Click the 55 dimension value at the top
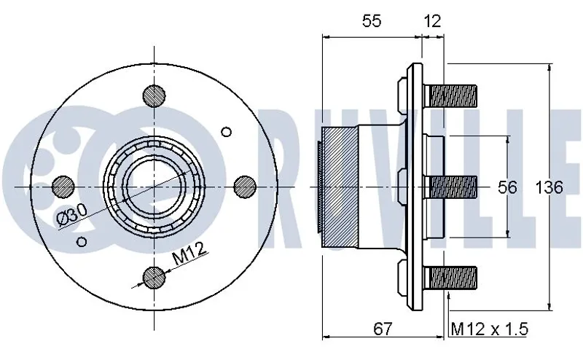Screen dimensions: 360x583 pos(372,22)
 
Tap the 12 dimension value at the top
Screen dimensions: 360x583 pos(433,22)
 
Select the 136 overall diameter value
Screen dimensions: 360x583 pos(549,187)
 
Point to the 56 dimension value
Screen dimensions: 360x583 pos(508,187)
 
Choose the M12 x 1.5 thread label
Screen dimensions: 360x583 pos(489,329)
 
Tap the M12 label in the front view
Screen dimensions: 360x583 pos(189,256)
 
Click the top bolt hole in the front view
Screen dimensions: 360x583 pos(154,95)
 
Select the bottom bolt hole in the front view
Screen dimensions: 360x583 pos(154,277)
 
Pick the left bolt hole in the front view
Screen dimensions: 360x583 pos(63,186)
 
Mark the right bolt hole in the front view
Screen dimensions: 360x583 pos(246,186)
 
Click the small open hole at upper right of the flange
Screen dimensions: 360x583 pos(226,132)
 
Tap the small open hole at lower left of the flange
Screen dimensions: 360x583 pos(82,240)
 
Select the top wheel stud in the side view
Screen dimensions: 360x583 pos(453,95)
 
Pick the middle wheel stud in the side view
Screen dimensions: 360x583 pos(453,187)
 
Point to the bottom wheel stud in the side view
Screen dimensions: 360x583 pos(453,278)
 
